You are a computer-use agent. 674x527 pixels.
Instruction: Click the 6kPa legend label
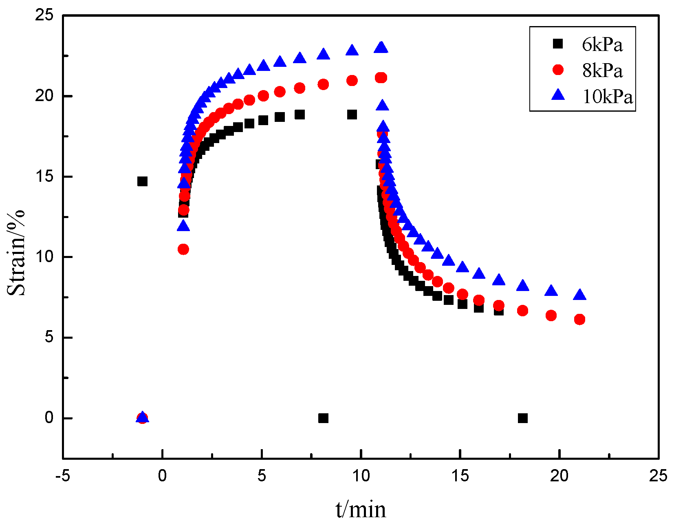[602, 44]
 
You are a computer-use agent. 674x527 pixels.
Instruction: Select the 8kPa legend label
[602, 71]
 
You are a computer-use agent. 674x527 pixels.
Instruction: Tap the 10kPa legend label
[608, 97]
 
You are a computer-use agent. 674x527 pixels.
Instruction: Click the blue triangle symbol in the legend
[558, 95]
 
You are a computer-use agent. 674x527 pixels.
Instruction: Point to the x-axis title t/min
[361, 509]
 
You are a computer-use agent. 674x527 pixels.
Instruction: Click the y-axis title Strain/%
[16, 253]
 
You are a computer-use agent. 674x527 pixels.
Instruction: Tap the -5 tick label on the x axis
[63, 476]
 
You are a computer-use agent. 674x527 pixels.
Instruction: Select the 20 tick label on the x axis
[559, 476]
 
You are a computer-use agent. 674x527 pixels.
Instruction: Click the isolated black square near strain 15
[142, 181]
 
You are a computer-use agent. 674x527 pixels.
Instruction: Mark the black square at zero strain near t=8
[323, 418]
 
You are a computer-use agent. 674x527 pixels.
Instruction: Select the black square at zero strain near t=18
[523, 418]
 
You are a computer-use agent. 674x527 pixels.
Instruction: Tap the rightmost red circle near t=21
[579, 320]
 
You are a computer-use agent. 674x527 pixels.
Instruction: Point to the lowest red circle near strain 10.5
[183, 249]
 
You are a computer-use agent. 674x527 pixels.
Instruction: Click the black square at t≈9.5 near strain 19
[352, 115]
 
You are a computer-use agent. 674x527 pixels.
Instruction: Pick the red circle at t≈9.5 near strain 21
[352, 81]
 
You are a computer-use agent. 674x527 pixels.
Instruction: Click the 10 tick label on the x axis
[361, 476]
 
